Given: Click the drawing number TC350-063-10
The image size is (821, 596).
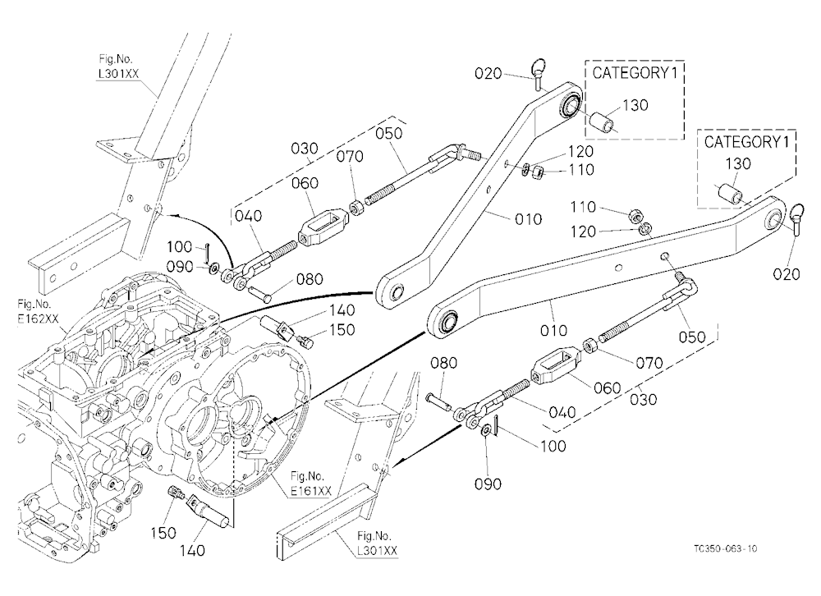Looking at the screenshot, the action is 725,549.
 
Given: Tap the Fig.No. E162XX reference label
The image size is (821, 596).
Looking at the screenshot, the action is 38,311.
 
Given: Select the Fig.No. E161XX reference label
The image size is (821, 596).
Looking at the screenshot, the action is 311,484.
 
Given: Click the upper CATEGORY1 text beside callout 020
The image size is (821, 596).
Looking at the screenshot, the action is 635,73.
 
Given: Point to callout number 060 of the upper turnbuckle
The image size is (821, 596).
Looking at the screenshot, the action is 305,183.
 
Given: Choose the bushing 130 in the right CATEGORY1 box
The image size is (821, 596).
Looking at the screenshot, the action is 729,194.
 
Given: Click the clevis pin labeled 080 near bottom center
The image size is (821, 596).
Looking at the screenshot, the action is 438,401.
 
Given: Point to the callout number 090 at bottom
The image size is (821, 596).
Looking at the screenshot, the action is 488,484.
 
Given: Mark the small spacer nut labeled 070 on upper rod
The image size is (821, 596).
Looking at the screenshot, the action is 359,208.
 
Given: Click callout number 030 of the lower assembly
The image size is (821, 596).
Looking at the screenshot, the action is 643,400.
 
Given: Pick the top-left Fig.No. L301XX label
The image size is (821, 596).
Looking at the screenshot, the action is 118,66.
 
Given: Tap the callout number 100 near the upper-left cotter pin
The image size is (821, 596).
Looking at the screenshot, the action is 180,246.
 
